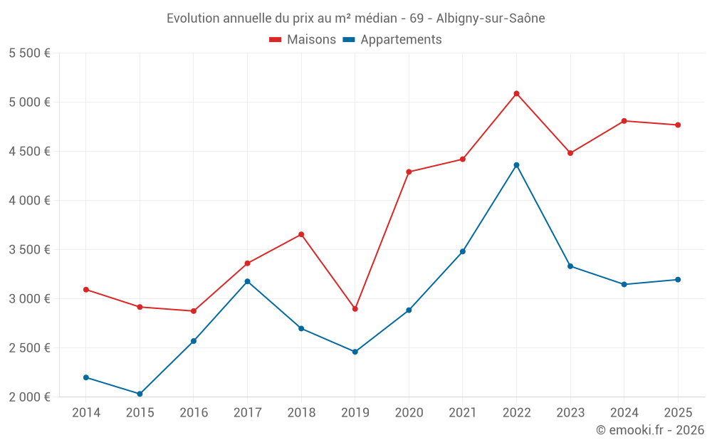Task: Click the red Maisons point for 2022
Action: tap(516, 93)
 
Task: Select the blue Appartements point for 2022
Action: tap(516, 165)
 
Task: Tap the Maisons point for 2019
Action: tap(355, 309)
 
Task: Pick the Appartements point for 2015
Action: tap(140, 394)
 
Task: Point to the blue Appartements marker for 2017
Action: tap(247, 281)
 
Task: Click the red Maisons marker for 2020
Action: tap(409, 172)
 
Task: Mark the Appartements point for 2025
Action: tap(678, 280)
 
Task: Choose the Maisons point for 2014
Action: tap(85, 290)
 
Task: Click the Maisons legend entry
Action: tap(303, 40)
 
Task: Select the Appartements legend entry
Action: tap(393, 40)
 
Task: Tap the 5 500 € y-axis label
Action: tap(29, 53)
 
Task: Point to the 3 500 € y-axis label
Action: tap(29, 250)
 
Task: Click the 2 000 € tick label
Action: tap(29, 397)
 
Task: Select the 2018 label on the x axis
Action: tap(301, 413)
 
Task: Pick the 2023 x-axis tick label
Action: tap(570, 413)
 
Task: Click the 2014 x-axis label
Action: tap(85, 413)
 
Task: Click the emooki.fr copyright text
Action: tap(649, 430)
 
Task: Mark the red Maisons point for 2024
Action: tap(624, 121)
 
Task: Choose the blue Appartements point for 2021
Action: tap(462, 251)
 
